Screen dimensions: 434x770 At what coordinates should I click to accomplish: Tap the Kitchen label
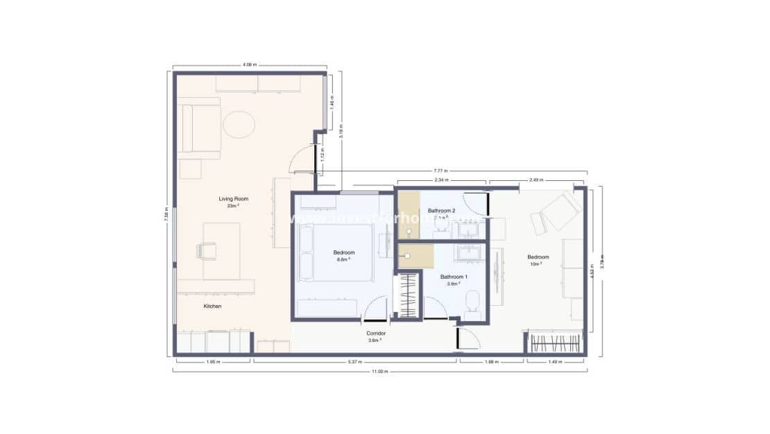coord(212,306)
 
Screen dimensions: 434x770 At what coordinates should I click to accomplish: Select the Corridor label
coord(375,333)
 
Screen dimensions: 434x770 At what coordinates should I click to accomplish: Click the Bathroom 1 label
coord(454,277)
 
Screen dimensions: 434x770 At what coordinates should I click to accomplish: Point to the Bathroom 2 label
coord(441,210)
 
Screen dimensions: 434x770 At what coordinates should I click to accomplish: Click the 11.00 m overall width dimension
coord(379,372)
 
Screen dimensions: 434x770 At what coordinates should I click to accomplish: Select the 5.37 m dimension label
coord(354,361)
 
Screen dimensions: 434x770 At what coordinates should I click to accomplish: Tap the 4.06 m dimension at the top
coord(250,64)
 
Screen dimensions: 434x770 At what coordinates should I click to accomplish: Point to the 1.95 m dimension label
coord(212,361)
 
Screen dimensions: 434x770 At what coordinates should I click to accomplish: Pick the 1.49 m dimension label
coord(554,361)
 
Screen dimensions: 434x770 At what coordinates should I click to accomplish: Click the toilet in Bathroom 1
coord(472,304)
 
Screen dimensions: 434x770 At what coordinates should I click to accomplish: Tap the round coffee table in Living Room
coord(239,125)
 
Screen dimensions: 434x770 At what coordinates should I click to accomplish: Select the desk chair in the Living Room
coord(206,250)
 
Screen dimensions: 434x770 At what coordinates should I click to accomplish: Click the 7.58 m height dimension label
coord(167,214)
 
